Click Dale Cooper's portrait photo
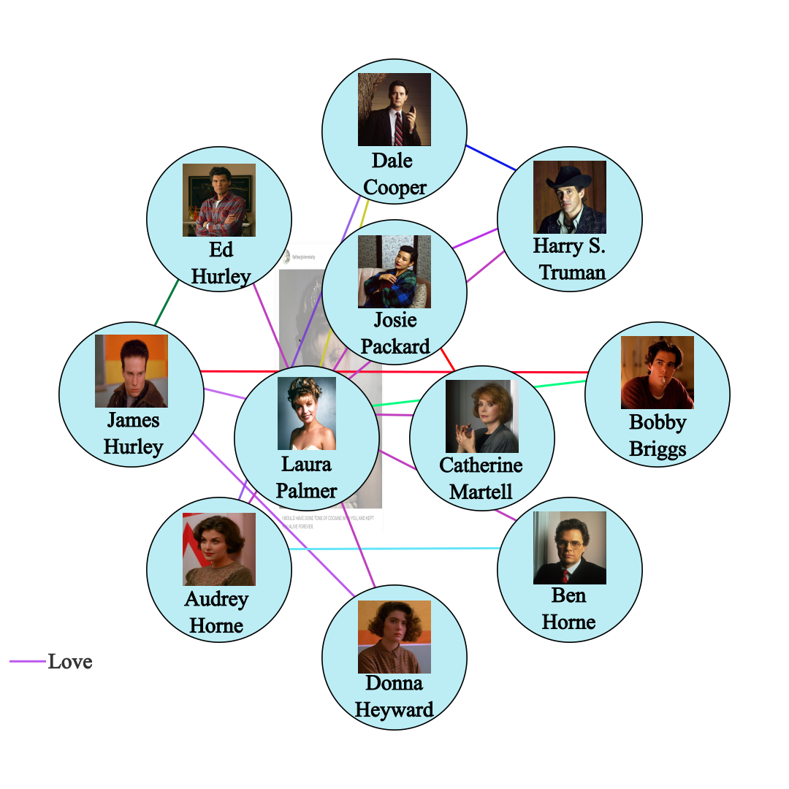(394, 110)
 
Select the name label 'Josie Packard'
(394, 333)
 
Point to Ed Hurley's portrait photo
(219, 199)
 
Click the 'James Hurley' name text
(132, 433)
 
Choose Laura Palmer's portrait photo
(307, 413)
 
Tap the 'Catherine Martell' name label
(481, 478)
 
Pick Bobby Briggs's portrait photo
(657, 373)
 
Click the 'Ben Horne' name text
(569, 609)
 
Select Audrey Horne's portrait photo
(219, 549)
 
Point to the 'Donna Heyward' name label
(394, 695)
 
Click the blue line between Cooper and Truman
(491, 158)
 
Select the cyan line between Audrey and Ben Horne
(394, 548)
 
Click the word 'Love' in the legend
(70, 662)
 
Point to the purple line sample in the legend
(27, 662)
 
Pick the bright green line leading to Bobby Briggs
(555, 384)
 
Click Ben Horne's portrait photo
(570, 548)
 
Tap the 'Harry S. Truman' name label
(570, 259)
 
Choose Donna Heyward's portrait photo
(394, 636)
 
